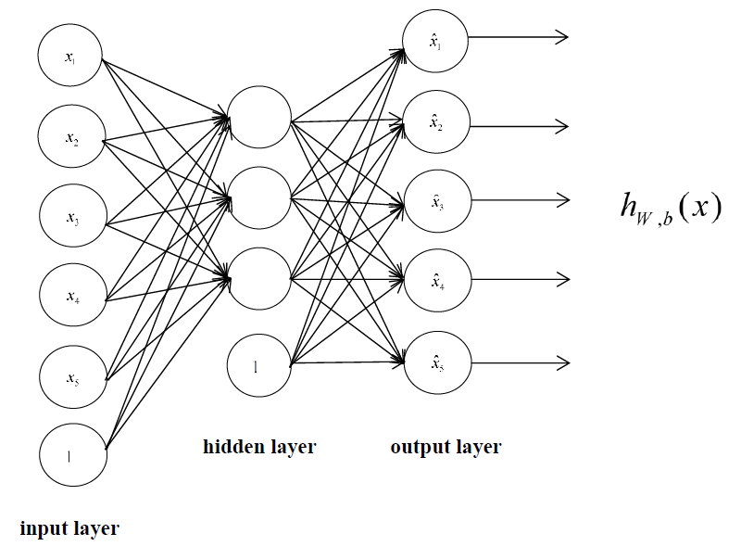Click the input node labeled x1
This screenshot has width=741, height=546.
[70, 57]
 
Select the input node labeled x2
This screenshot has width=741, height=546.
[70, 138]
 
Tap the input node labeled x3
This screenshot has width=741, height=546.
[71, 218]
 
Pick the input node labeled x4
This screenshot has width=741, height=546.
[71, 297]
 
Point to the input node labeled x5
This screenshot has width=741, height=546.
[71, 376]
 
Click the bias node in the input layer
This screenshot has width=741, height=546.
[71, 455]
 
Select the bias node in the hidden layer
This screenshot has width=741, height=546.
[259, 363]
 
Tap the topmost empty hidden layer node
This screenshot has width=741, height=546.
[259, 118]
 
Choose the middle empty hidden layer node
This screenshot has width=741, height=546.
[259, 197]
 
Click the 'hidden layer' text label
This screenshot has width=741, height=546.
[259, 448]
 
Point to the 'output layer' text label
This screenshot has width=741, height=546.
[446, 448]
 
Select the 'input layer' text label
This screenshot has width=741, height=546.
[69, 529]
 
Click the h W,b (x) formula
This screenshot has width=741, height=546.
[670, 206]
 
